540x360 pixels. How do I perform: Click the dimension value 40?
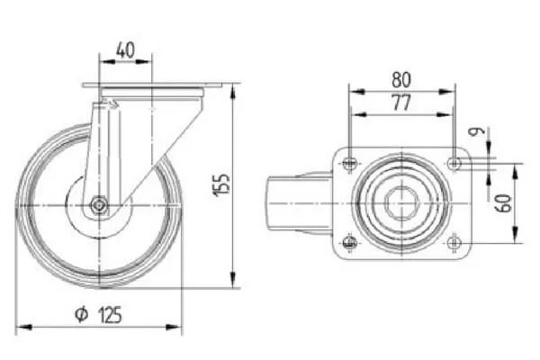click(x=125, y=50)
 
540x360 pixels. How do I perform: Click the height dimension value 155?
click(x=221, y=185)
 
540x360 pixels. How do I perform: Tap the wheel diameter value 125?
click(x=110, y=315)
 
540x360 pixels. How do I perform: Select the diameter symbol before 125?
click(x=82, y=314)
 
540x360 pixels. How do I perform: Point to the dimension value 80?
click(x=401, y=79)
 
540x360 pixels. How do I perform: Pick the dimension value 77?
click(x=401, y=103)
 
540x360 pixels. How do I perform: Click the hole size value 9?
click(x=478, y=130)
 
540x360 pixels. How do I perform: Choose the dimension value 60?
click(x=503, y=203)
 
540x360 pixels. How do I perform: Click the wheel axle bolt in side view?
click(x=99, y=206)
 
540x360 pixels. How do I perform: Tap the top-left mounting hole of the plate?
click(x=350, y=163)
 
